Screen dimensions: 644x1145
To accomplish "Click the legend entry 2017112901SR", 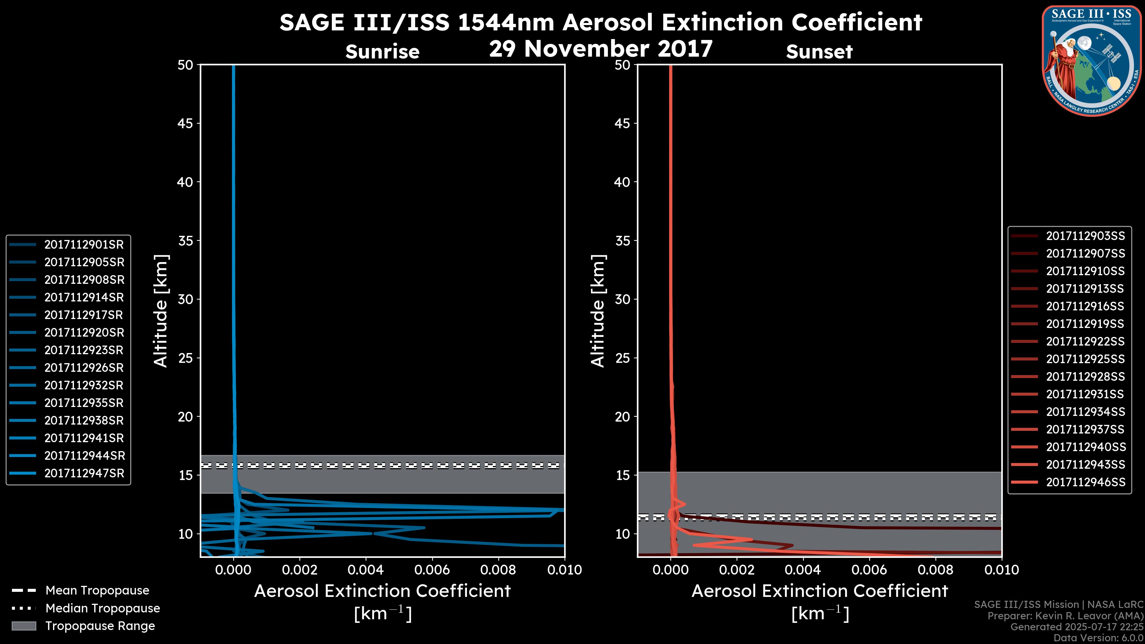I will click(83, 244).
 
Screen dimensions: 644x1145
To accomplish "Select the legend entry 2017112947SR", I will click(83, 473).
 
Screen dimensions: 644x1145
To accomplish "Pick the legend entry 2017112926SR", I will click(83, 368).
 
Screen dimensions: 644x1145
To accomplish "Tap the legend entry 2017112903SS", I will click(1085, 236).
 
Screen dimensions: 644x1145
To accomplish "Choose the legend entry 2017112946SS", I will click(1085, 482).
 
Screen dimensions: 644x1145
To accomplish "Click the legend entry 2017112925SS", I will click(1085, 359).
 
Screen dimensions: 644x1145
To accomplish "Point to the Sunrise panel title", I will click(382, 52).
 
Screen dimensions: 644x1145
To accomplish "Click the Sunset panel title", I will click(819, 52).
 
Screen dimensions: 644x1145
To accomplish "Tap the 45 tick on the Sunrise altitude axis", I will click(186, 123).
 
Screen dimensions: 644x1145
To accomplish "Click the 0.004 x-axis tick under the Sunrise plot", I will click(365, 570).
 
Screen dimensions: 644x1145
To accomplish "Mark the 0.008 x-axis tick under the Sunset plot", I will click(936, 570).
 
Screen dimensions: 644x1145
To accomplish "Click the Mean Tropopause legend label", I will click(97, 591).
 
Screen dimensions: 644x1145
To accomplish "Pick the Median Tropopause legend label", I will click(103, 609).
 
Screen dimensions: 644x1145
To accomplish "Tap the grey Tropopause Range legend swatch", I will click(24, 626).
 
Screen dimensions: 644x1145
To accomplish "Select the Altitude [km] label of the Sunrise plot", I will click(161, 311).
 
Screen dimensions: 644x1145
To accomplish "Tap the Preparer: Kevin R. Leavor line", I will click(1065, 616).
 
